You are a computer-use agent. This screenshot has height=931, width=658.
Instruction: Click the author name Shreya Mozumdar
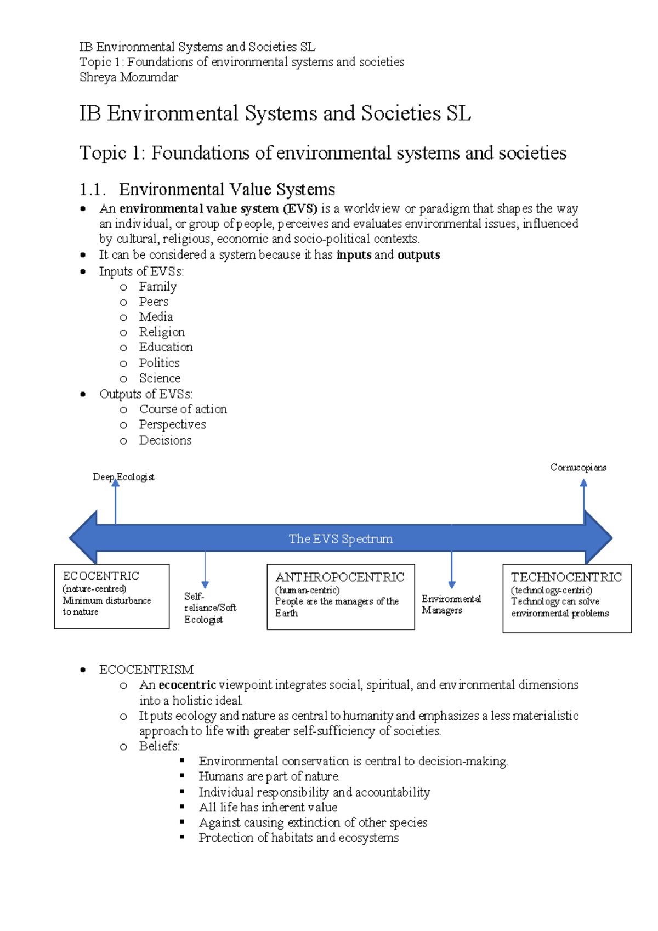tap(128, 77)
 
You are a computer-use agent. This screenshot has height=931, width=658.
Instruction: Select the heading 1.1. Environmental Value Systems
tap(207, 190)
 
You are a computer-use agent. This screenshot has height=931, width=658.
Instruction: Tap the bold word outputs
tap(418, 255)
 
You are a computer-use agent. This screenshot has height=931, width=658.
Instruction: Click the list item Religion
tap(162, 332)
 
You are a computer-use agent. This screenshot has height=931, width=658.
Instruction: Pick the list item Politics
tap(159, 363)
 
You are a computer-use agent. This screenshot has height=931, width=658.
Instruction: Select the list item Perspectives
tap(172, 424)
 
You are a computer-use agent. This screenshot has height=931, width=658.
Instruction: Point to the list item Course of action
tap(183, 409)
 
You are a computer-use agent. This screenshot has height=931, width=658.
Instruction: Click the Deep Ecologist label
tap(123, 477)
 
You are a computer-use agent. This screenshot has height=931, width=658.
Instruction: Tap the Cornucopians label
tap(578, 468)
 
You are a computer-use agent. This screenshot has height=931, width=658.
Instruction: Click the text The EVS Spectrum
tap(341, 539)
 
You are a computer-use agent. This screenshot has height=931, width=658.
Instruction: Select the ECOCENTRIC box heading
tap(101, 576)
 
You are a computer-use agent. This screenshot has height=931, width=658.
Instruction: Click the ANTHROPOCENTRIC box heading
tap(339, 577)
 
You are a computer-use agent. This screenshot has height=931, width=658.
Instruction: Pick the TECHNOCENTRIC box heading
tap(566, 577)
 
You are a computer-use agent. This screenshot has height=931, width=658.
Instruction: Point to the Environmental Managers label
tap(451, 604)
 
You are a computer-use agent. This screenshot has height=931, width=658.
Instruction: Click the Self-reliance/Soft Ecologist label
tap(209, 608)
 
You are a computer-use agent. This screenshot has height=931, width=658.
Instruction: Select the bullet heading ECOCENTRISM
tap(146, 669)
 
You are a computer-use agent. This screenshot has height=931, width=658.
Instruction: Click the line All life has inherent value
tap(268, 807)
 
